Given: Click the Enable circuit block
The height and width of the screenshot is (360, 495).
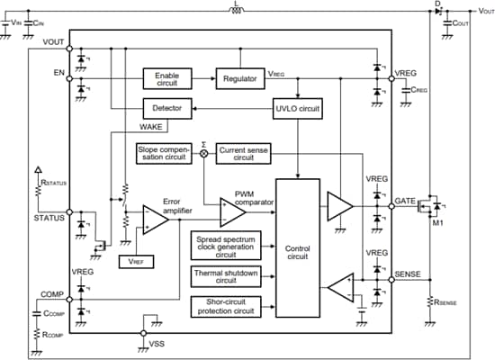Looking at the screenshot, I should (166, 78).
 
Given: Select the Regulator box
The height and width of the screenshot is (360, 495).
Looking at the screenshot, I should (241, 78).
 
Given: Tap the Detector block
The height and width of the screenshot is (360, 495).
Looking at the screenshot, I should (166, 109).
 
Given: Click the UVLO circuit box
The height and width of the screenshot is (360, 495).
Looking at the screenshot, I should (297, 109).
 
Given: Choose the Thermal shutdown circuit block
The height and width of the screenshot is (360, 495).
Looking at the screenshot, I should (222, 275).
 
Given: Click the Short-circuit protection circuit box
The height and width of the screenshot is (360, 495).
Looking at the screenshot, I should (222, 306).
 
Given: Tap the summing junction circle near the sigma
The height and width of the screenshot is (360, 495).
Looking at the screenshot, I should (203, 153).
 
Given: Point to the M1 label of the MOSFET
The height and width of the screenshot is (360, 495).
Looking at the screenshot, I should (438, 224).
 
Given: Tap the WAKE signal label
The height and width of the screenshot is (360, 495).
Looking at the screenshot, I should (152, 127).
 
